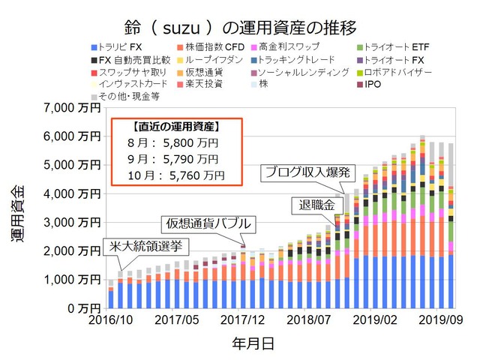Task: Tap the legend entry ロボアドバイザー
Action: coord(397,72)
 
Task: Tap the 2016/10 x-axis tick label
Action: coord(110,319)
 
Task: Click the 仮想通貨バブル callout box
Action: coord(208,223)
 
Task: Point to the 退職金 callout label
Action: coord(313,205)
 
